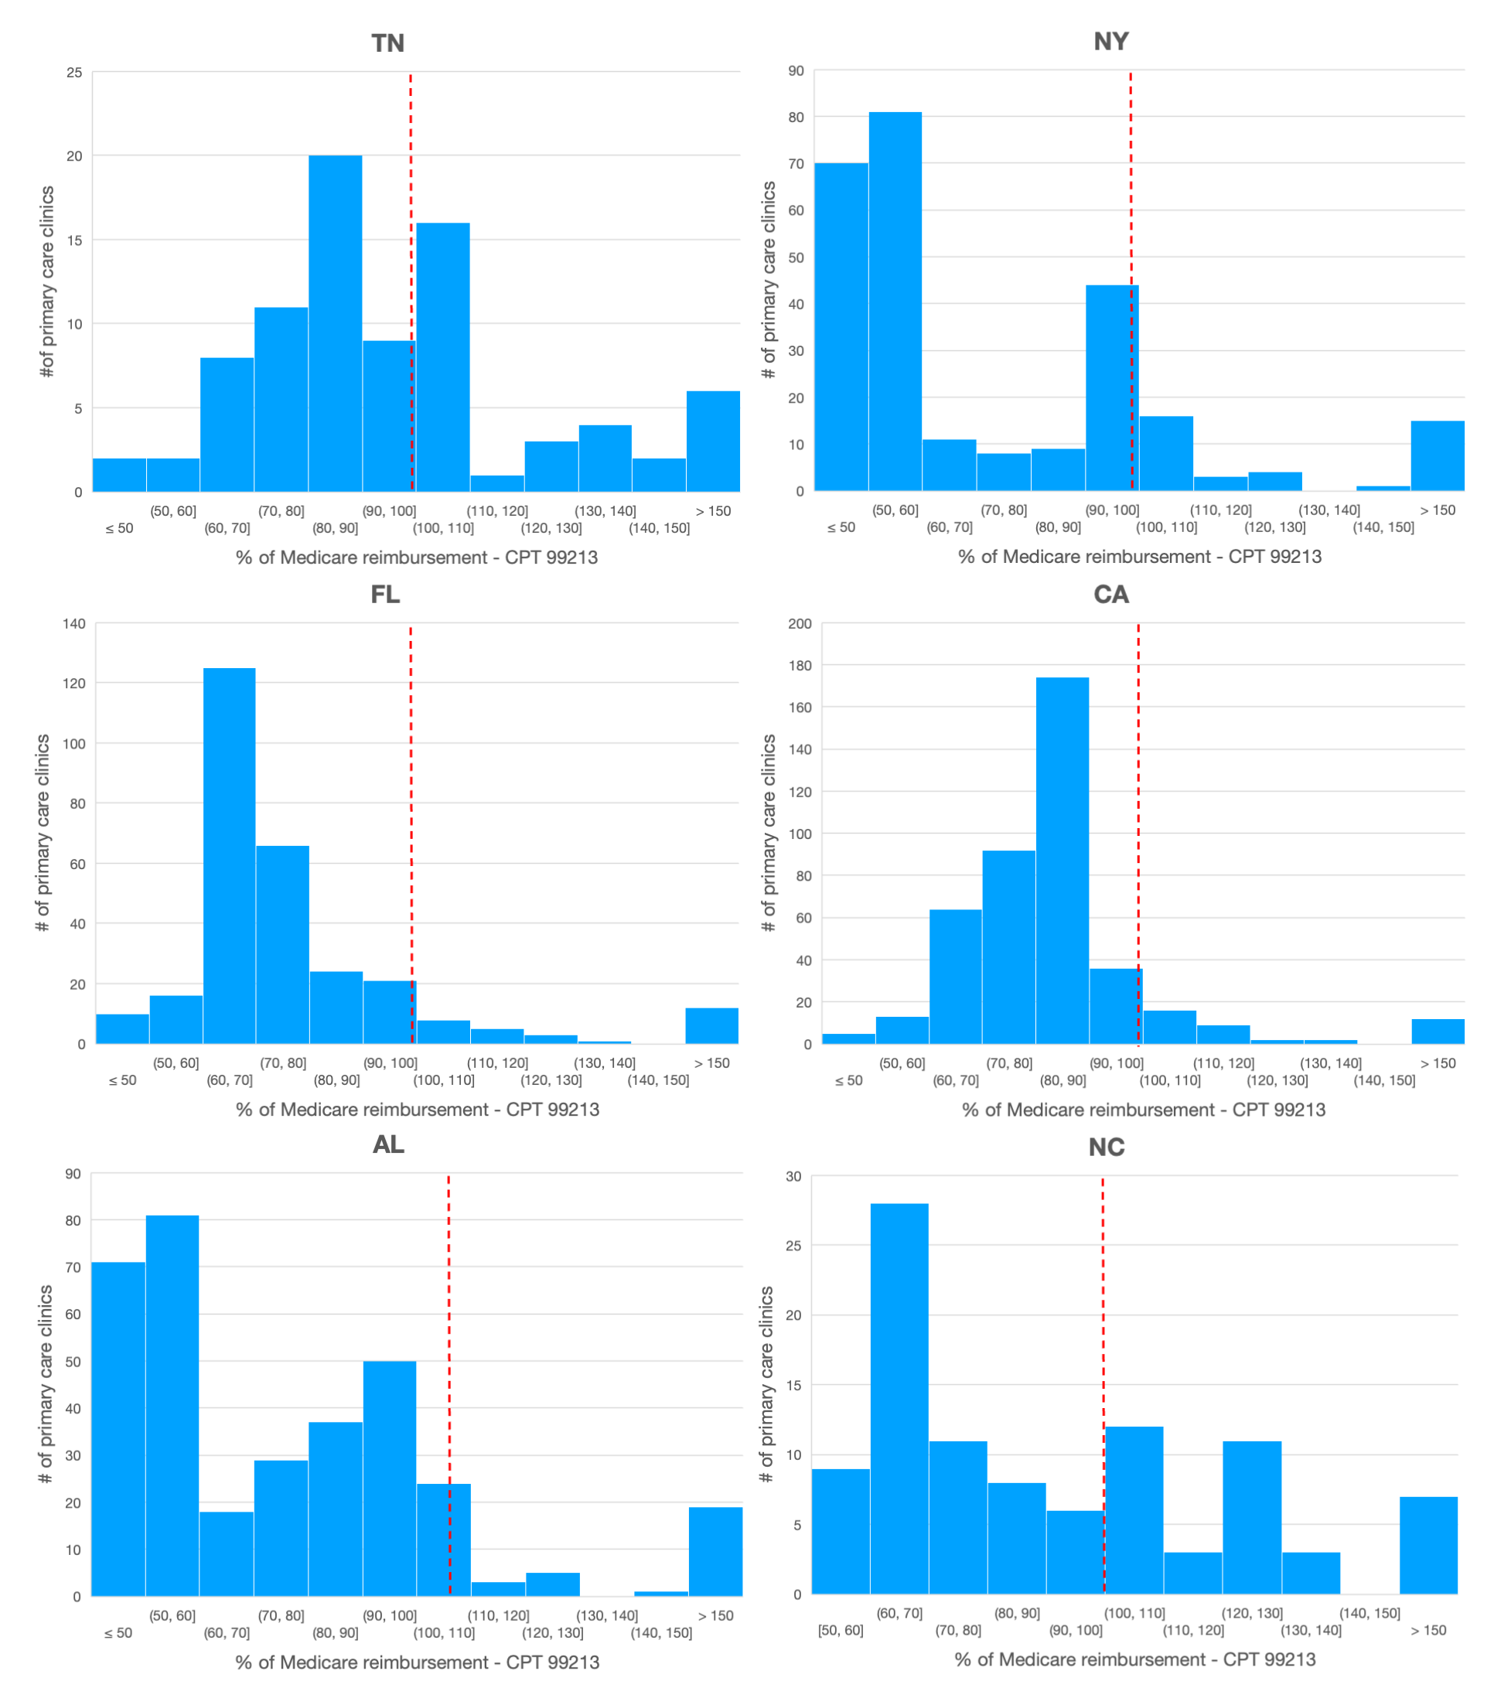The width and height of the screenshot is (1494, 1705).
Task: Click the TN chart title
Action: point(387,43)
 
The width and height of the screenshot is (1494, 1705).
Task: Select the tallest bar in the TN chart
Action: point(335,323)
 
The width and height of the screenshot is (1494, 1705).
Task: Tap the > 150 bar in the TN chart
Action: point(713,441)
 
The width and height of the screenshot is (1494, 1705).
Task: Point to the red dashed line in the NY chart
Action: point(1131,281)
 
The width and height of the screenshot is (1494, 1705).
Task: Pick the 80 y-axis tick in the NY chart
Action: point(796,118)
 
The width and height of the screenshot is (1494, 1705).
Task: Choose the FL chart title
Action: point(385,595)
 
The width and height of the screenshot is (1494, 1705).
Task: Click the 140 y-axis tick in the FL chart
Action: point(74,624)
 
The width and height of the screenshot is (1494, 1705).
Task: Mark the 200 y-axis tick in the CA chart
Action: point(800,624)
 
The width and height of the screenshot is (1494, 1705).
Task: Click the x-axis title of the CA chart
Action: point(1144,1110)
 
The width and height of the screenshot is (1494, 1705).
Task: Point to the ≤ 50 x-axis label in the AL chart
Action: point(118,1632)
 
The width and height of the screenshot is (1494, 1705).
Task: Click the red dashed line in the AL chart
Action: point(449,1386)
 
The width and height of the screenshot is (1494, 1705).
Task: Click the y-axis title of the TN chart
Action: point(47,281)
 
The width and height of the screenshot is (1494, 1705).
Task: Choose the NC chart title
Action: point(1107,1147)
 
